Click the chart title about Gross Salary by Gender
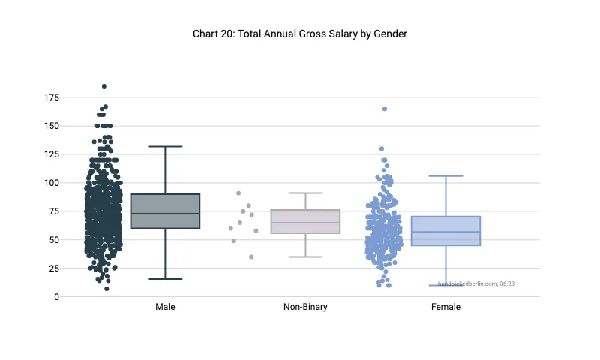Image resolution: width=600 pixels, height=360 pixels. coord(299,34)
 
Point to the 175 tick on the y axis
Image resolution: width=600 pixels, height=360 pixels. coord(52,97)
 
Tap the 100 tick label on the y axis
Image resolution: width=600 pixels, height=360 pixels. coord(52,183)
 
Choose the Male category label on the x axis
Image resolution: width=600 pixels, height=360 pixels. coord(165,307)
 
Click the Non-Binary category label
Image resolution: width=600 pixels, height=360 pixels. coord(305,307)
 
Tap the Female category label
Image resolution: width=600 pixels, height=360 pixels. coord(445,307)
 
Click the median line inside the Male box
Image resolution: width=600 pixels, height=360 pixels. coord(165,214)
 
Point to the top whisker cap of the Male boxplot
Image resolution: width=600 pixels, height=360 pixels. coord(165,147)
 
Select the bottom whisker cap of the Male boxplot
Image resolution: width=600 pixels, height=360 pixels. coord(165,279)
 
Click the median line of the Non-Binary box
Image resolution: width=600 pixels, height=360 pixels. coord(305,223)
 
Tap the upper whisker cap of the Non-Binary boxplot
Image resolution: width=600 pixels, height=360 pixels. coord(305,193)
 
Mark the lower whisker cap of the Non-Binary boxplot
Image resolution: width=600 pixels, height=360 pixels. coord(305,256)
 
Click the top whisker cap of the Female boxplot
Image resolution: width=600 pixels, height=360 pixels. coord(445,176)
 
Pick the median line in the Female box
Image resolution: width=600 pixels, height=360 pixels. coord(445,232)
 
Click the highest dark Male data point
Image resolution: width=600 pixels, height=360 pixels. coord(104,86)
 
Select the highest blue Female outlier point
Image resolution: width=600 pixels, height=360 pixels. coord(385,109)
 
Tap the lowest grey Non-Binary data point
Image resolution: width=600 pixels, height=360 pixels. coord(251,256)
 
